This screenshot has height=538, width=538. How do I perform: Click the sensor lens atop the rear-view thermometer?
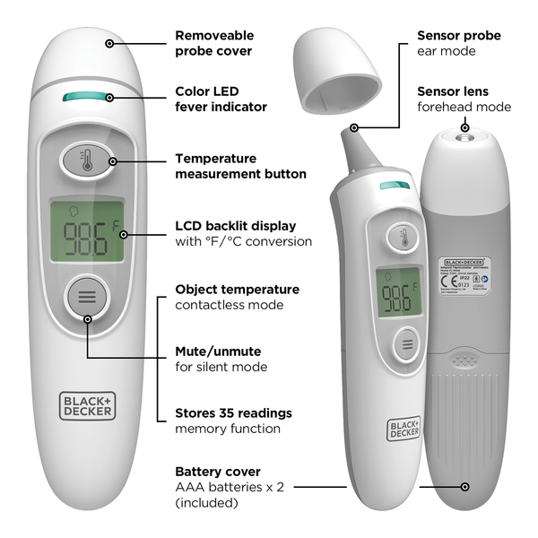464,133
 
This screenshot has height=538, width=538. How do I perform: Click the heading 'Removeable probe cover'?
213,43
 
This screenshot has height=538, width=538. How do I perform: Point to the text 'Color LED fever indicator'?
221,99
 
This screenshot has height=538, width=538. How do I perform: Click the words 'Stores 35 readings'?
233,413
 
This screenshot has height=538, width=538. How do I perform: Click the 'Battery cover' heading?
218,471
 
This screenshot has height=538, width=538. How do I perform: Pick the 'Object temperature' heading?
237,290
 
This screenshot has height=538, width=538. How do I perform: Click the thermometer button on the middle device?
403,239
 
